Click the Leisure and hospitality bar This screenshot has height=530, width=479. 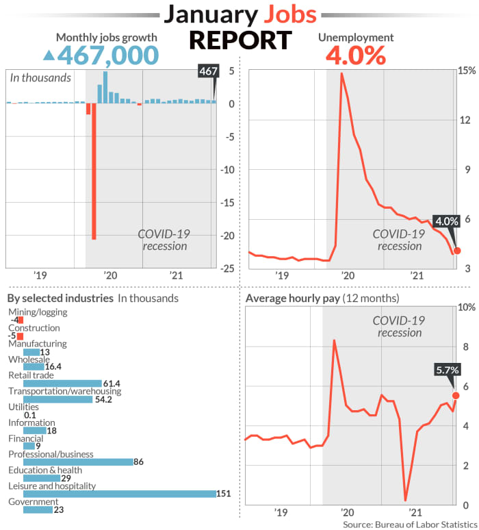click(119, 494)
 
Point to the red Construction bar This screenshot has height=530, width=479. click(21, 336)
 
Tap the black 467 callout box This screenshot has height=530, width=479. click(208, 71)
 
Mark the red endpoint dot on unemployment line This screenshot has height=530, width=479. click(456, 251)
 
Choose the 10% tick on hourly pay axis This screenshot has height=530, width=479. click(465, 307)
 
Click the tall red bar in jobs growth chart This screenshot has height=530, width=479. click(94, 171)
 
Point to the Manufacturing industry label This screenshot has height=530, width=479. click(37, 344)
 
